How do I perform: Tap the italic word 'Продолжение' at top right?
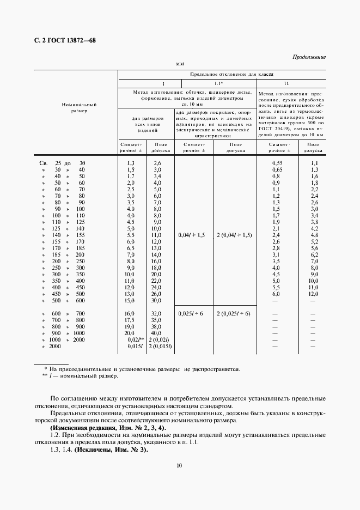point(309,57)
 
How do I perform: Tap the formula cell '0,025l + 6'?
point(190,314)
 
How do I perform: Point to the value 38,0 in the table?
point(156,327)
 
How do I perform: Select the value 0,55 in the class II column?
point(277,163)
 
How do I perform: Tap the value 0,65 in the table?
point(277,169)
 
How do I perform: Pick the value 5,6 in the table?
point(314,248)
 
